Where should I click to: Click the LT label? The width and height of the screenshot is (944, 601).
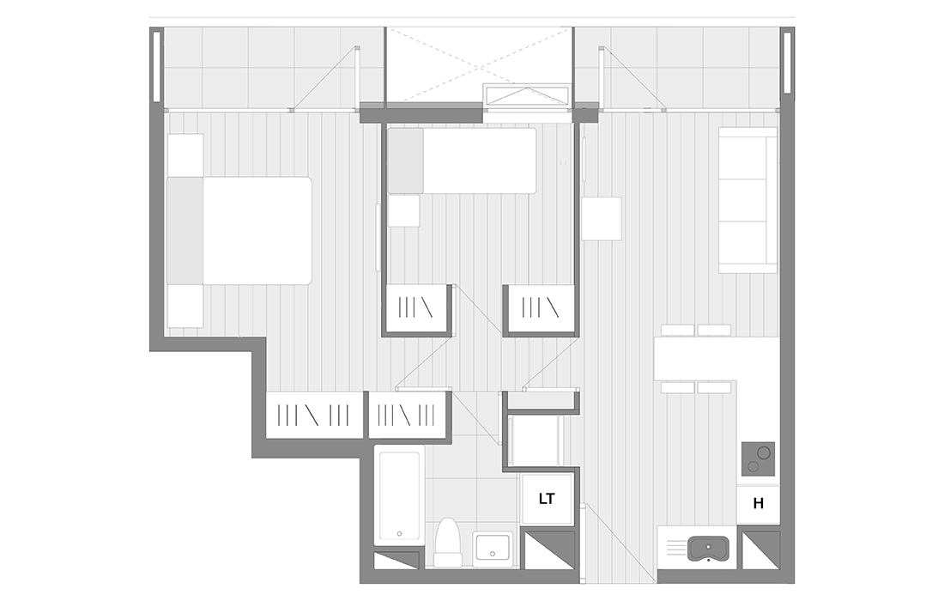tap(546, 499)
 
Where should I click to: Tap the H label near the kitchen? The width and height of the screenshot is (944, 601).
tap(758, 503)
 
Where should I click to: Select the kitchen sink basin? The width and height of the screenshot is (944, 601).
tap(709, 549)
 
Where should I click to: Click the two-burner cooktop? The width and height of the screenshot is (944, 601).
tap(758, 459)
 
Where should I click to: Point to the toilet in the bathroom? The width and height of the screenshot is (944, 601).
tap(447, 542)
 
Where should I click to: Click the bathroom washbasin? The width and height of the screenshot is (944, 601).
tap(493, 549)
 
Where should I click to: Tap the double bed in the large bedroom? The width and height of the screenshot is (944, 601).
tap(239, 231)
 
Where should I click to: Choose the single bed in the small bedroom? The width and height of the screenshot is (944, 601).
tap(462, 161)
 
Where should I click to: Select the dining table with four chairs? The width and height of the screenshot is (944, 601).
tap(696, 359)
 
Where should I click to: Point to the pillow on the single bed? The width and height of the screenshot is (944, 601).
tap(405, 161)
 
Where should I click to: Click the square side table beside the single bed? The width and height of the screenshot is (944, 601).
tap(404, 210)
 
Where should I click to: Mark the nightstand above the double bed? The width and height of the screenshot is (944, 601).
tap(185, 155)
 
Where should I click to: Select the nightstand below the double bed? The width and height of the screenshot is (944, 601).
tap(185, 307)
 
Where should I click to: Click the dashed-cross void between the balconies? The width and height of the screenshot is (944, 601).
tap(479, 65)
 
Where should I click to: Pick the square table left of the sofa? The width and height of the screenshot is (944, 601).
tap(602, 219)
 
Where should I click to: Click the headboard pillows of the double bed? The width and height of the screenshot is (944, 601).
tap(185, 231)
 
